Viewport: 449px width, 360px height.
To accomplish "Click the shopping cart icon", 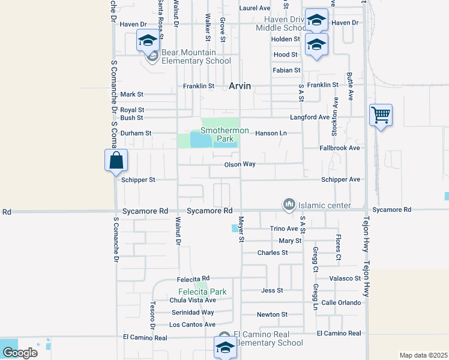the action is point(381,114).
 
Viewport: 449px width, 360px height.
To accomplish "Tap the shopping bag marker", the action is point(116,161).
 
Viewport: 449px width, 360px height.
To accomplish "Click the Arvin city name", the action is point(240,86).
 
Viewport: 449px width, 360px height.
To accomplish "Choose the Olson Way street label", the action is point(240,164).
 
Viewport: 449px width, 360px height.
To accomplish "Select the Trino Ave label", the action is point(284,229).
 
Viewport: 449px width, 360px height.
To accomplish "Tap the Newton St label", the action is point(272,314).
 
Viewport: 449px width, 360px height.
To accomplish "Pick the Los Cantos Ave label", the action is point(192,325).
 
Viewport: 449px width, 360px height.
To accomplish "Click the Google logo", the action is point(19,352).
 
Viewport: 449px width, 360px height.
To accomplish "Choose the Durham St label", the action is point(136,133).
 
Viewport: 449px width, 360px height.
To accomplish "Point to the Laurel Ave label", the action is point(255,8).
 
